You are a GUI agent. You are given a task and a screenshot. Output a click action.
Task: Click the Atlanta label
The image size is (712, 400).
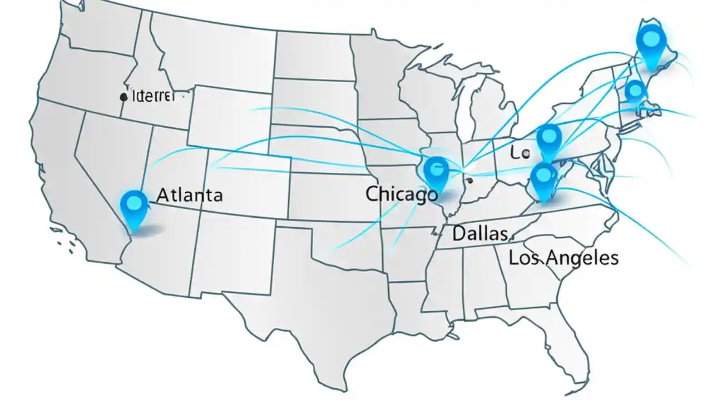[190, 195]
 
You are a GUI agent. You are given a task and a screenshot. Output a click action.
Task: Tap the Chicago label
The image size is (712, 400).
[402, 194]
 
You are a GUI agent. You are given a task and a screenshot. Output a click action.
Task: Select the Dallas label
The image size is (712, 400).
[479, 233]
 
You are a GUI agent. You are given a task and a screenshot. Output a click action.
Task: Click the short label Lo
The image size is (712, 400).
[520, 154]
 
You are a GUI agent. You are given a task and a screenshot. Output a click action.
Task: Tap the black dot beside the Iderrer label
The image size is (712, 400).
[123, 97]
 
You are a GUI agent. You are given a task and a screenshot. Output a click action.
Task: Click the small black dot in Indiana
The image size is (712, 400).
[470, 180]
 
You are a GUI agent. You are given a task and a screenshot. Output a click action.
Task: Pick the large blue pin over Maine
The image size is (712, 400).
[651, 42]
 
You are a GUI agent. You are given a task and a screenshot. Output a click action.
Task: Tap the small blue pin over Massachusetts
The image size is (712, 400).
[635, 91]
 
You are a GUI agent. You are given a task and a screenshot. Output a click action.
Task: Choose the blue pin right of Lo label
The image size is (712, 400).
[548, 139]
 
